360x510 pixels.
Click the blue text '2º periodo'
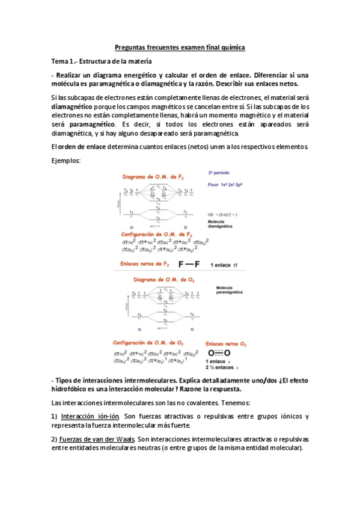point(220,172)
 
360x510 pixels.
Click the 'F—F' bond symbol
point(189,264)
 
